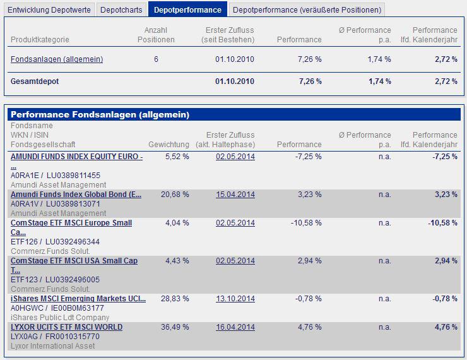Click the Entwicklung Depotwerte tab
pos(50,9)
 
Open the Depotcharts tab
pos(121,9)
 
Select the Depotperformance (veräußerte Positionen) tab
pos(307,9)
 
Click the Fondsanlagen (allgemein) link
pos(57,59)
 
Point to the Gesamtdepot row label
pos(35,81)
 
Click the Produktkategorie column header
pos(40,40)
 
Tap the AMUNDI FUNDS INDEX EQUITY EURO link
pos(76,157)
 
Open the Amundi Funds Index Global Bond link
pos(76,195)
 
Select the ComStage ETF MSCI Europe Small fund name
pos(71,223)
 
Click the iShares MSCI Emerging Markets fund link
pos(78,299)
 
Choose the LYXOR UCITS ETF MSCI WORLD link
pos(66,327)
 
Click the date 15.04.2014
pos(235,195)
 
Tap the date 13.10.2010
pos(235,299)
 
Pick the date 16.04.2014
pos(235,327)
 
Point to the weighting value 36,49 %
pos(177,327)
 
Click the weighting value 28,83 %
pos(177,299)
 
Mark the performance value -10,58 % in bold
pos(442,223)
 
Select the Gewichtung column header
pos(168,145)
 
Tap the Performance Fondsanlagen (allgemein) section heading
pos(100,115)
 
